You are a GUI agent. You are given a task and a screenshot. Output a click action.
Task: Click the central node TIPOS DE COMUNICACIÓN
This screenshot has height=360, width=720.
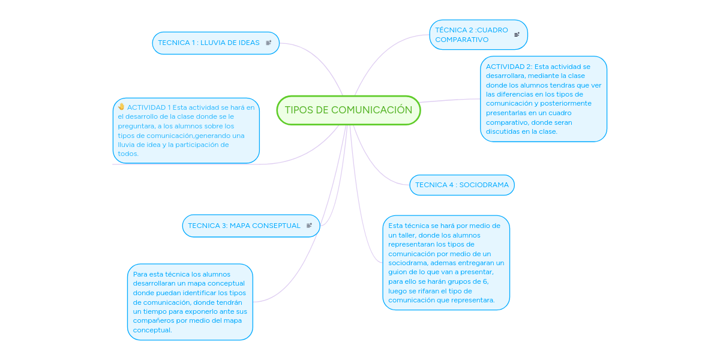(x=349, y=110)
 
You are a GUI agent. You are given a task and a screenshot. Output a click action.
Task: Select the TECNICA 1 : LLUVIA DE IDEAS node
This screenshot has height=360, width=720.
(x=215, y=43)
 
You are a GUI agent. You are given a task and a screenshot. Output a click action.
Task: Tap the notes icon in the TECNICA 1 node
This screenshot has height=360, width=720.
(x=269, y=43)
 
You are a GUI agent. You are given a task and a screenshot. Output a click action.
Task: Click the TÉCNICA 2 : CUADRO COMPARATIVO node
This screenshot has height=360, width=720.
(x=478, y=35)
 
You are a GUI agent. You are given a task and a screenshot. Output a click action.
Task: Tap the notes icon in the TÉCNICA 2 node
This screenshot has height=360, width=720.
(x=517, y=34)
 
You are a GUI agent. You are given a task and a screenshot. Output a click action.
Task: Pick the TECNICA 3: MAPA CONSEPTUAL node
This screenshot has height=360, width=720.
(x=251, y=226)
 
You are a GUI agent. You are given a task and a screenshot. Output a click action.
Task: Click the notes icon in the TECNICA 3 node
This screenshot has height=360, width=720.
(x=309, y=226)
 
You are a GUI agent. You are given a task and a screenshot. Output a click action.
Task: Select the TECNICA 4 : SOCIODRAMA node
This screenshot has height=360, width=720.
(x=462, y=185)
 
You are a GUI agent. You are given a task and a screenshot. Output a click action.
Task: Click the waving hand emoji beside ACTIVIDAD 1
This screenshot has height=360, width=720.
(x=121, y=107)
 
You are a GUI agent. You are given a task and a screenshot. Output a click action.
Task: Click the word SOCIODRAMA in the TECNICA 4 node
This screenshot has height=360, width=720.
(x=484, y=185)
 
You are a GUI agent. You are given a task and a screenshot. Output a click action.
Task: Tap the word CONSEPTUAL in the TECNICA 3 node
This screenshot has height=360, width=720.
(x=276, y=226)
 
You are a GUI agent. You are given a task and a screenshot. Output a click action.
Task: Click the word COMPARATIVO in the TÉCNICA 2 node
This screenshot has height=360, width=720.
(x=461, y=40)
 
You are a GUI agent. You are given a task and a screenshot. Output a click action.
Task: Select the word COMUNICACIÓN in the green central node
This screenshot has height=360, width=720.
(x=371, y=110)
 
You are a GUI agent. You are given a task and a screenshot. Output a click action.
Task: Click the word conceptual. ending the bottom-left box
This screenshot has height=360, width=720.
(x=152, y=330)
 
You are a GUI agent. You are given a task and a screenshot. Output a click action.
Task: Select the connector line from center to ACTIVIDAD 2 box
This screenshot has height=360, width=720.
(x=450, y=100)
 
